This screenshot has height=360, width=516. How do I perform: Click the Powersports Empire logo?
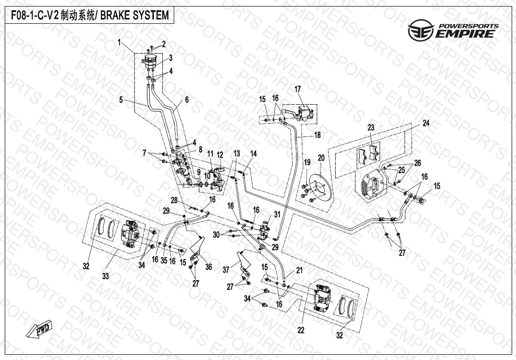tap(453, 30)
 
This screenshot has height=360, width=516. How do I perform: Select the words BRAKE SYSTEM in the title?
tap(140, 15)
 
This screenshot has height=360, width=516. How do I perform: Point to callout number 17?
tap(298, 89)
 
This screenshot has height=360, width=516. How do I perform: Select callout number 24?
tap(426, 123)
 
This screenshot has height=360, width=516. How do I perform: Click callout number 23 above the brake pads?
tap(371, 127)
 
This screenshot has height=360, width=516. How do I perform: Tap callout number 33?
tap(106, 276)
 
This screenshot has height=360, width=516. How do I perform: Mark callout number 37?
tap(226, 270)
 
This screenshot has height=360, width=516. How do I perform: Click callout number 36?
tap(208, 267)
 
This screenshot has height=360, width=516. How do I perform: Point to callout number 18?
tap(317, 135)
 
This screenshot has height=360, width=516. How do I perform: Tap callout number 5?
tap(121, 100)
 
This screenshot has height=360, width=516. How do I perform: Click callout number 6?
tap(187, 99)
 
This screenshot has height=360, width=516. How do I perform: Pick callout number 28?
tap(174, 200)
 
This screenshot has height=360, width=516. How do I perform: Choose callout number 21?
tap(299, 270)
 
